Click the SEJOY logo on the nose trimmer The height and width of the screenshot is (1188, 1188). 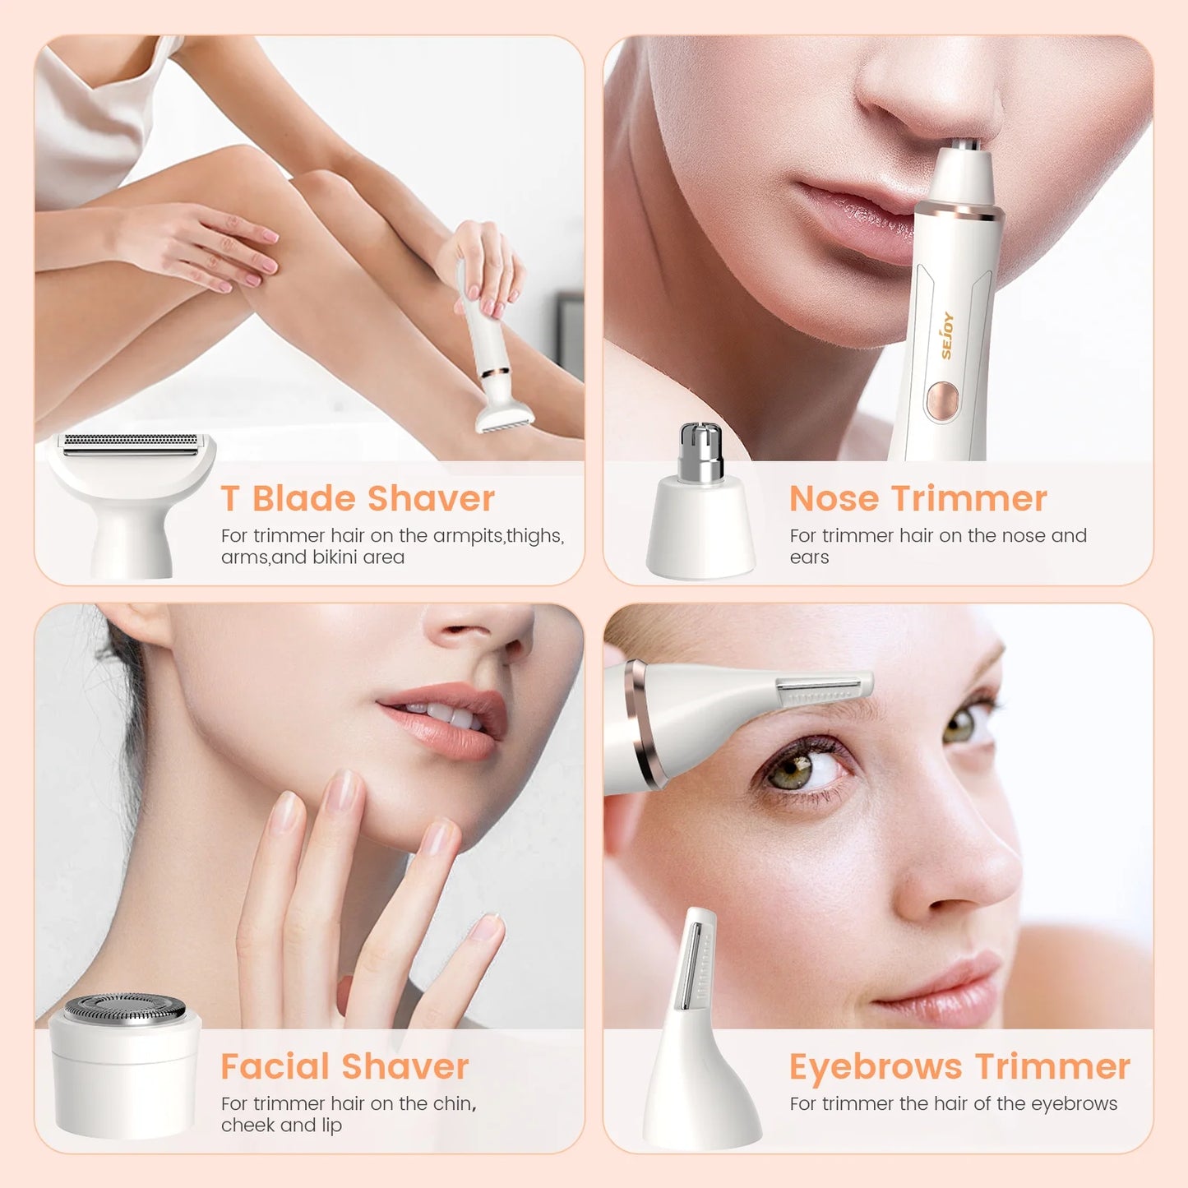pyautogui.click(x=947, y=335)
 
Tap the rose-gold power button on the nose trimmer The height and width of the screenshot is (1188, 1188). pyautogui.click(x=942, y=400)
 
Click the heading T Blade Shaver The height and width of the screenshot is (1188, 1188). pyautogui.click(x=358, y=498)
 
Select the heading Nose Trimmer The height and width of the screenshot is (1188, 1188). pyautogui.click(x=918, y=498)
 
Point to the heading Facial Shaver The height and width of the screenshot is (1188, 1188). pyautogui.click(x=344, y=1066)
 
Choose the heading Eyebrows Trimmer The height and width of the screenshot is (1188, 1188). pyautogui.click(x=959, y=1066)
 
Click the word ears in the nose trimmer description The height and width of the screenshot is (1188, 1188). pyautogui.click(x=809, y=557)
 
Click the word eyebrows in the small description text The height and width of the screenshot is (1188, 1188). pyautogui.click(x=1074, y=1103)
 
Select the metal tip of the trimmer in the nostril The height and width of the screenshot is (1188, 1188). pyautogui.click(x=967, y=146)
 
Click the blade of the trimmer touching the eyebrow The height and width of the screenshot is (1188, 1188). pyautogui.click(x=822, y=689)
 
